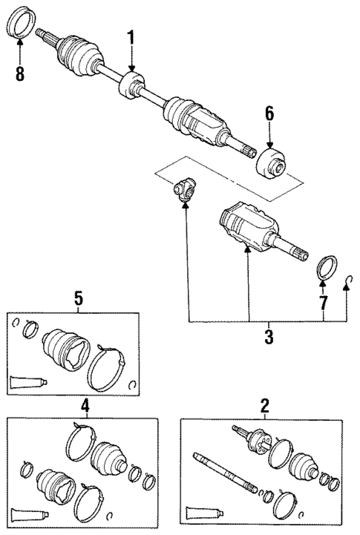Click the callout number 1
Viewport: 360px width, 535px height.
(x=131, y=37)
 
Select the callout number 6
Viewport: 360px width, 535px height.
(x=269, y=114)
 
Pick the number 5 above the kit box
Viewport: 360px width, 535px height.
(x=78, y=299)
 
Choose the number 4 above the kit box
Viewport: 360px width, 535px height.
(x=85, y=406)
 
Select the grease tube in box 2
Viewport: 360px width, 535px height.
(x=205, y=512)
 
